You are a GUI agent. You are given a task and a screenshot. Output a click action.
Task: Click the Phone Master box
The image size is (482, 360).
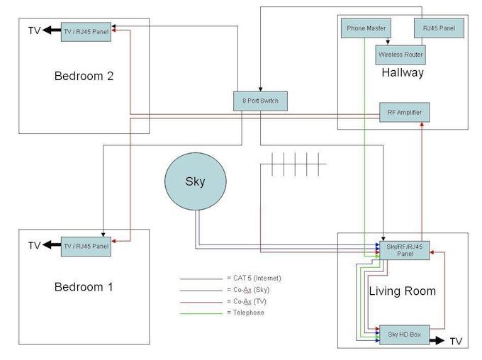[366, 28]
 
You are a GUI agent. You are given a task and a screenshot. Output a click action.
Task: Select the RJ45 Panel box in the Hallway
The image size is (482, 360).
[439, 28]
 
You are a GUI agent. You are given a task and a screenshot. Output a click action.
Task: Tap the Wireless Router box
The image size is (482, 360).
[400, 55]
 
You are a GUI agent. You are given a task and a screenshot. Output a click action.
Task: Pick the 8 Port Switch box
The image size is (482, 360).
[260, 101]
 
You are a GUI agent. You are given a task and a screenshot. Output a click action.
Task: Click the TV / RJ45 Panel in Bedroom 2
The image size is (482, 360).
[86, 31]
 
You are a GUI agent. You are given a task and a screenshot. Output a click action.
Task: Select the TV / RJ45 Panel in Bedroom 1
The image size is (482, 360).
[86, 246]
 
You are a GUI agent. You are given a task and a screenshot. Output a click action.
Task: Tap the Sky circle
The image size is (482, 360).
[195, 181]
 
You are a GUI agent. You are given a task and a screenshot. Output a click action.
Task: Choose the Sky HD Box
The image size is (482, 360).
[404, 334]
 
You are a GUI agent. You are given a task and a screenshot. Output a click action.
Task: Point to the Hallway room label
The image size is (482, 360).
[402, 73]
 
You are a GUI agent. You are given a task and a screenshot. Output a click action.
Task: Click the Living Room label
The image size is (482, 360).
[402, 291]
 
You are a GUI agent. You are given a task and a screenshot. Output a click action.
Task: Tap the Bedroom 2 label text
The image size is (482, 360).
[84, 76]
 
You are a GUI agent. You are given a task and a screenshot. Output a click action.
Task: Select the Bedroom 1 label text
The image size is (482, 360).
[84, 287]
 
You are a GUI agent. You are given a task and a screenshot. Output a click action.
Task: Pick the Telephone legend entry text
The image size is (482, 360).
[247, 313]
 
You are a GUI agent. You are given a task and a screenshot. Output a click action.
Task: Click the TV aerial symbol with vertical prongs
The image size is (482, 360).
[298, 164]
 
